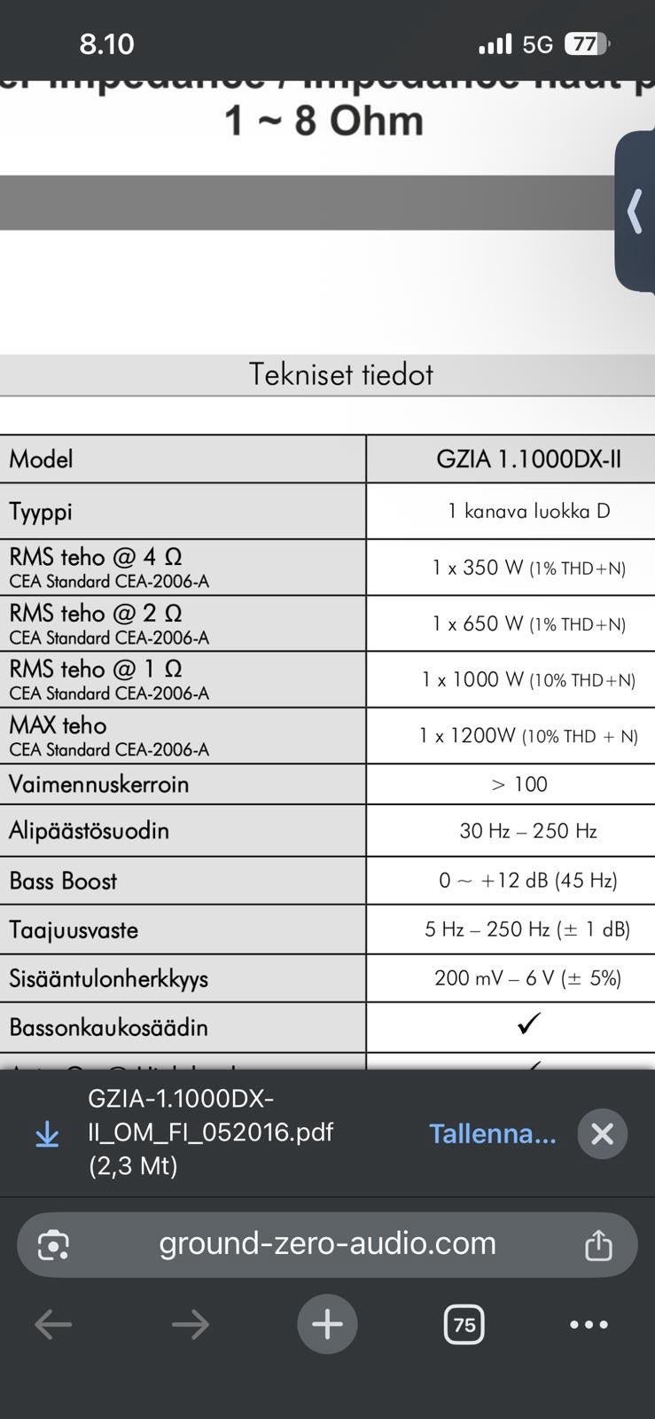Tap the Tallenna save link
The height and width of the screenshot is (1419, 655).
point(492,1133)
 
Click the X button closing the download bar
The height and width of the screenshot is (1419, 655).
point(602,1133)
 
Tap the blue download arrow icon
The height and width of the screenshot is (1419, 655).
point(47,1134)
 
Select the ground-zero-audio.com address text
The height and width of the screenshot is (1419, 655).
point(327,1243)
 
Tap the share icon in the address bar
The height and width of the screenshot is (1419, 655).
point(598,1245)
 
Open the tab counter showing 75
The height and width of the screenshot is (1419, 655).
point(464,1325)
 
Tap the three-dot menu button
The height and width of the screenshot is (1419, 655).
point(589,1325)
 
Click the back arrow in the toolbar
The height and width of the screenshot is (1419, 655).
point(53,1325)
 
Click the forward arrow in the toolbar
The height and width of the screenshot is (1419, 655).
point(191,1325)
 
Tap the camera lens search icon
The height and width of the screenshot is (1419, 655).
point(53,1245)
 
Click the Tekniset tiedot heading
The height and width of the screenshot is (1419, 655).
point(340,374)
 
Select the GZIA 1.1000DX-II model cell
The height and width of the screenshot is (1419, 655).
point(528,459)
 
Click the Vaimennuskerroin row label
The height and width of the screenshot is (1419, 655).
point(99,784)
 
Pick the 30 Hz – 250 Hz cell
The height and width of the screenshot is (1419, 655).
point(528,831)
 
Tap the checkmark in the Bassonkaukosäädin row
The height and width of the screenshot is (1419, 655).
point(528,1024)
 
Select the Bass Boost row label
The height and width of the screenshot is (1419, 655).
point(63,881)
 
